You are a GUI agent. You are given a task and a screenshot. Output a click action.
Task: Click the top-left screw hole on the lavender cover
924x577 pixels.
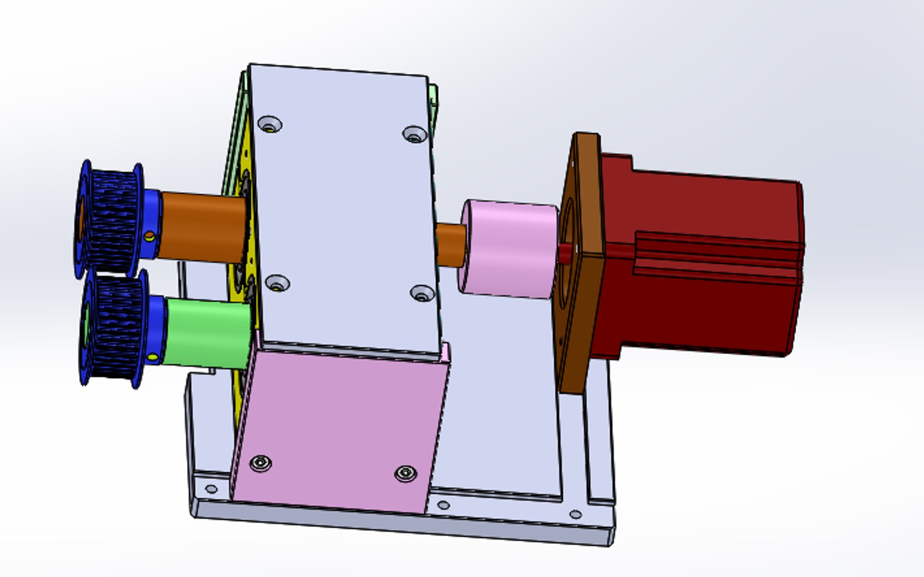click(x=270, y=125)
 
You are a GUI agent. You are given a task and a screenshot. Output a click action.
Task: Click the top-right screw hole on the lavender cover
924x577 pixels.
click(x=415, y=135)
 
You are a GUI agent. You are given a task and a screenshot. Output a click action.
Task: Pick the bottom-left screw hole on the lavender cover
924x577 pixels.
click(x=277, y=284)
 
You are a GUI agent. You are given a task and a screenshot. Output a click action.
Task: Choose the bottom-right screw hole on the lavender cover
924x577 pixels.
click(x=422, y=293)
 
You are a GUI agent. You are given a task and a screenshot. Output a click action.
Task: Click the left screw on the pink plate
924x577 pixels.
click(x=260, y=463)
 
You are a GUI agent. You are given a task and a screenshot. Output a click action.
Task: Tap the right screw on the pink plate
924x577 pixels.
click(x=405, y=473)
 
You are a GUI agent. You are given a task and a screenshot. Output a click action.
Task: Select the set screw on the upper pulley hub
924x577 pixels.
click(x=150, y=236)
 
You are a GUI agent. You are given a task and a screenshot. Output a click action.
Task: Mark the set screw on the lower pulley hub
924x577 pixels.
click(x=153, y=357)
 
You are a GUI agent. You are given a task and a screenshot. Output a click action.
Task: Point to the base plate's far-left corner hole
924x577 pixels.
click(x=211, y=489)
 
